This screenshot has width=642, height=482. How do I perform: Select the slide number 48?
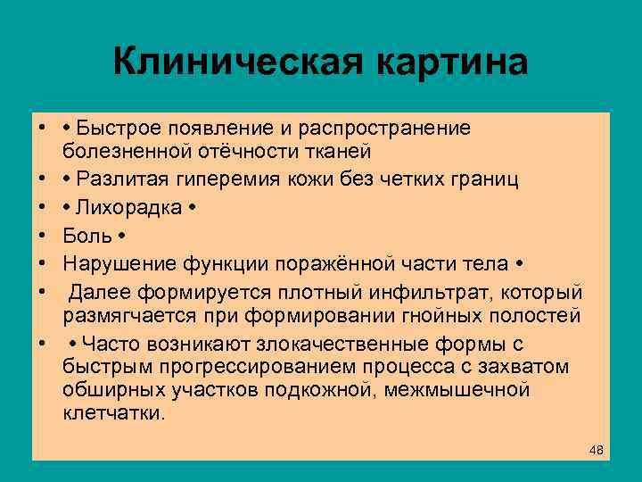597,450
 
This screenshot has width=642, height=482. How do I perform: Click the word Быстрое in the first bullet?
116,129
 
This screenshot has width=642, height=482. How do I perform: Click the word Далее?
98,293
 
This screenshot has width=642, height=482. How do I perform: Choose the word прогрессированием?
226,367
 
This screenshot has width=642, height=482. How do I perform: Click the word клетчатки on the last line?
113,413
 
